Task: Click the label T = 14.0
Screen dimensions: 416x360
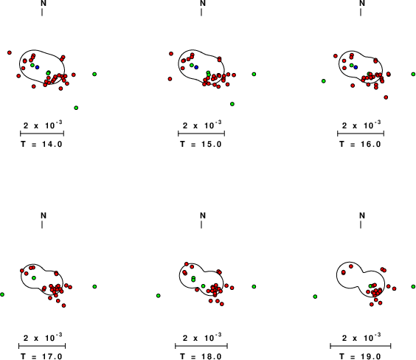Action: pyautogui.click(x=41, y=144)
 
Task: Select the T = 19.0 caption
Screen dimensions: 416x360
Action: pyautogui.click(x=360, y=356)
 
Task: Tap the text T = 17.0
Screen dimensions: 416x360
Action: pyautogui.click(x=41, y=356)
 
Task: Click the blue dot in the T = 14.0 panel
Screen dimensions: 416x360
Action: pyautogui.click(x=37, y=67)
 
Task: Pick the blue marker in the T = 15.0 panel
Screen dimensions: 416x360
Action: pyautogui.click(x=196, y=67)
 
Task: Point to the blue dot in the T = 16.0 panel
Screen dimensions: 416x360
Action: pyautogui.click(x=356, y=67)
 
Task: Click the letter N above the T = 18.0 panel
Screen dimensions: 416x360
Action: pyautogui.click(x=203, y=215)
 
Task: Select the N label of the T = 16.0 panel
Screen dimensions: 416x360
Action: pyautogui.click(x=362, y=3)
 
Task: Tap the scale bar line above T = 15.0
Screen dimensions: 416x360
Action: pyautogui.click(x=201, y=134)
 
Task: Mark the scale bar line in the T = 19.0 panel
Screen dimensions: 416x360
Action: pyautogui.click(x=361, y=346)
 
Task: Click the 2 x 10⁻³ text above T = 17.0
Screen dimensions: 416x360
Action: pyautogui.click(x=43, y=337)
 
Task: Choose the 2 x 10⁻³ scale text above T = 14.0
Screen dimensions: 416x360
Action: pyautogui.click(x=43, y=125)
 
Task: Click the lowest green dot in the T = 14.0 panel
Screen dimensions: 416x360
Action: pyautogui.click(x=76, y=108)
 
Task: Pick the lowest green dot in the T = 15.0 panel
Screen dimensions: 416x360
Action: pyautogui.click(x=232, y=104)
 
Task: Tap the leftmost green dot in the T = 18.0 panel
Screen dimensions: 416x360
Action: pyautogui.click(x=159, y=296)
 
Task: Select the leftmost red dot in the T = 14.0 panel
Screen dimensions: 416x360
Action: pyautogui.click(x=10, y=52)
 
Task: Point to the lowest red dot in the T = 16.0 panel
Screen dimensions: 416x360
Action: pyautogui.click(x=386, y=97)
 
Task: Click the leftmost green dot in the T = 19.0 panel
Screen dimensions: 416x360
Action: pyautogui.click(x=315, y=297)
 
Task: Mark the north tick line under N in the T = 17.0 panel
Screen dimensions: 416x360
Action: pyautogui.click(x=42, y=224)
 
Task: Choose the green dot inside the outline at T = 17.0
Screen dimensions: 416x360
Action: pyautogui.click(x=34, y=278)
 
